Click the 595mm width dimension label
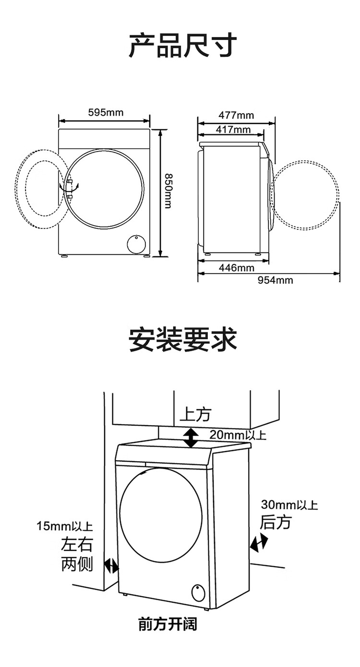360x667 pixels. [106, 113]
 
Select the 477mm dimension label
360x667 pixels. [236, 115]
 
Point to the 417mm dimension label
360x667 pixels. [233, 130]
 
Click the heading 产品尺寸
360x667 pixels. [182, 46]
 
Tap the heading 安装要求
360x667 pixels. [182, 340]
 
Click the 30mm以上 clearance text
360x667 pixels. [289, 505]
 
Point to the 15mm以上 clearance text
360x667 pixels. [65, 526]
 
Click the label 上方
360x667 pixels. [195, 414]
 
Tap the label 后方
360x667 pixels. [276, 522]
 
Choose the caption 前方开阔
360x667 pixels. [168, 624]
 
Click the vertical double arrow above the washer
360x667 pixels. [191, 438]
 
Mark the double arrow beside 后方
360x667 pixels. [259, 543]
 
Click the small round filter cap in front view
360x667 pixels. [136, 244]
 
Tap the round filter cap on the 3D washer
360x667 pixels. [198, 593]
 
